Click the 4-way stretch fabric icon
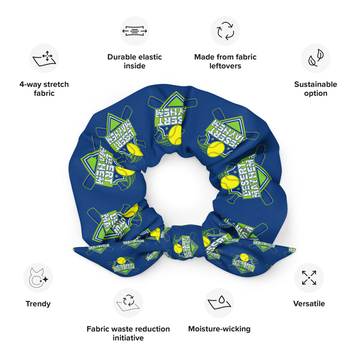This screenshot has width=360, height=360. [44, 58]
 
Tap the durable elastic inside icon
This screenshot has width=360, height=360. [135, 31]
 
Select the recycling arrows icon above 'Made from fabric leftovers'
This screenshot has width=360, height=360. [225, 31]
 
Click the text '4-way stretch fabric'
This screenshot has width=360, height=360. [44, 89]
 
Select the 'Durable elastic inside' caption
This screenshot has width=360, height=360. [135, 61]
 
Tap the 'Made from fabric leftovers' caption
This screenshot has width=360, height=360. [225, 61]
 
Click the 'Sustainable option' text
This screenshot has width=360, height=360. [315, 89]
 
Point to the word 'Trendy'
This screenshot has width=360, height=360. [38, 304]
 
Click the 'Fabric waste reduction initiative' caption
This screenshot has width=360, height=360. [128, 333]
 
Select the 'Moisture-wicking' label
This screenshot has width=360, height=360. [219, 329]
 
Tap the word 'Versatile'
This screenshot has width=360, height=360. [309, 304]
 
